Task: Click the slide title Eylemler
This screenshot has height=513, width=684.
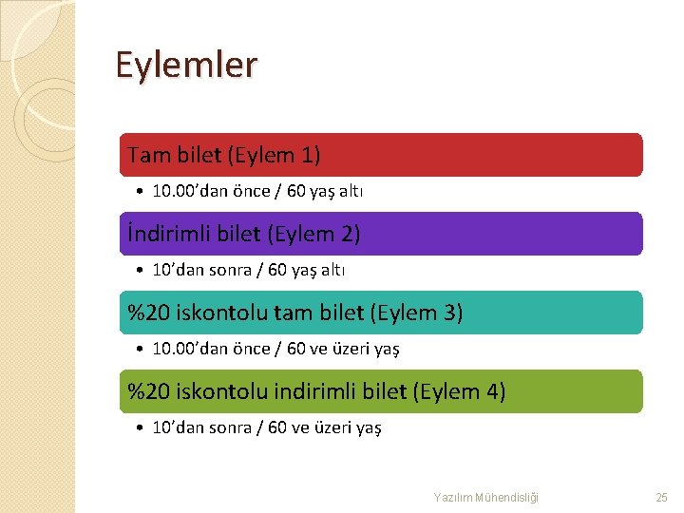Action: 186,66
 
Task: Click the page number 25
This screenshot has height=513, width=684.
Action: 662,497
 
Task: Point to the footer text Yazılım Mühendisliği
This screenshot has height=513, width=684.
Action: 486,497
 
